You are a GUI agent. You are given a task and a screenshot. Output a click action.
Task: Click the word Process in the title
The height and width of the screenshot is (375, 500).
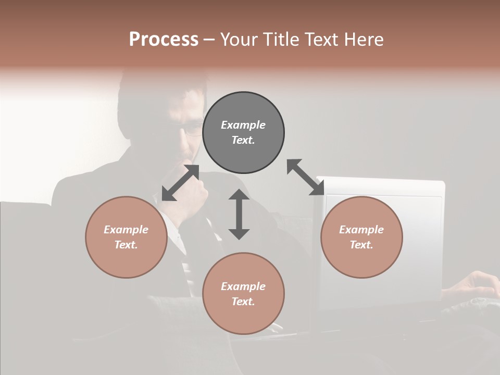(x=164, y=40)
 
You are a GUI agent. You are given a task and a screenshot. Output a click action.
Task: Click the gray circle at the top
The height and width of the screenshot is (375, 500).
(x=243, y=133)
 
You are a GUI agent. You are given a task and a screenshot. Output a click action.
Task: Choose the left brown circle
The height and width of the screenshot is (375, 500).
(x=126, y=237)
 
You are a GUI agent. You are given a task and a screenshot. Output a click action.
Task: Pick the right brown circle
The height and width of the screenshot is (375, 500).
(x=361, y=237)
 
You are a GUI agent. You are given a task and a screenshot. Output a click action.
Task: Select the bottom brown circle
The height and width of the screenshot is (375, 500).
(x=243, y=294)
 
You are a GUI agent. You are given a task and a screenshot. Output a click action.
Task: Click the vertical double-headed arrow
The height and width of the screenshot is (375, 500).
(x=239, y=214)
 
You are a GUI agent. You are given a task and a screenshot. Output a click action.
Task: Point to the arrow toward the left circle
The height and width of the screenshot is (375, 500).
(x=180, y=183)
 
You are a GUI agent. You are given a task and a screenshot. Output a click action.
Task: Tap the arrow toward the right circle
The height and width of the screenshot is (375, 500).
(x=306, y=178)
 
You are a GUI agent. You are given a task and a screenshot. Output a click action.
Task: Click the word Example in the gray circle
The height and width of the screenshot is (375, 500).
(x=243, y=125)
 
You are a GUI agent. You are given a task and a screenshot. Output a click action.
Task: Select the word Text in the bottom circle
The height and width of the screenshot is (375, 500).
(x=243, y=302)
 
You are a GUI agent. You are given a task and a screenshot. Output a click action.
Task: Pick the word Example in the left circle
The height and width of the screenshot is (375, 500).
(x=126, y=230)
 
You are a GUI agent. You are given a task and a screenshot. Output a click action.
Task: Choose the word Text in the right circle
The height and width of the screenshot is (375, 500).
(x=361, y=245)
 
